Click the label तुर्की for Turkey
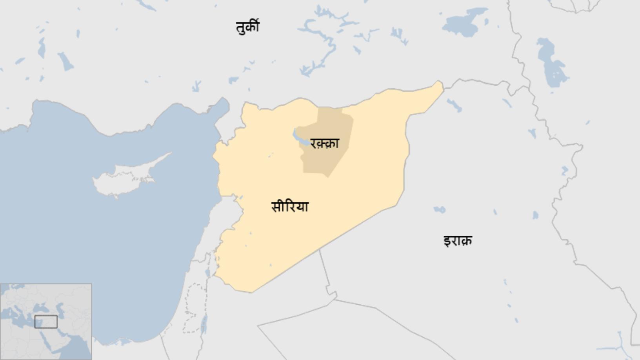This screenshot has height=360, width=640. tap(247, 27)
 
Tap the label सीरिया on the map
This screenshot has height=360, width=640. tap(290, 206)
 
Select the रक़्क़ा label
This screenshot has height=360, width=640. tap(324, 143)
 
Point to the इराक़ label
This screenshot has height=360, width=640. tap(458, 240)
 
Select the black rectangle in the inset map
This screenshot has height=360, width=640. tap(46, 322)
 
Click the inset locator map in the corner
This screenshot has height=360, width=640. tap(46, 322)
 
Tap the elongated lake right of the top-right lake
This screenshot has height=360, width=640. tap(551, 63)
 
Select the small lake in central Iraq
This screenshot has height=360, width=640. tap(439, 210)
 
